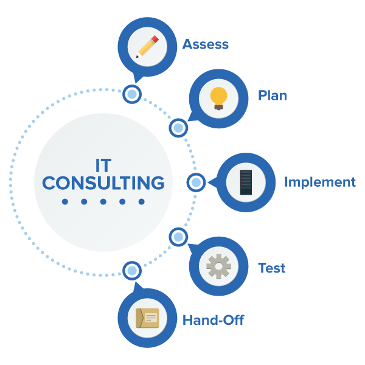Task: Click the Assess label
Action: click(x=206, y=44)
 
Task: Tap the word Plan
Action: click(x=273, y=96)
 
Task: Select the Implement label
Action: click(x=319, y=182)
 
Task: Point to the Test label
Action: click(x=271, y=268)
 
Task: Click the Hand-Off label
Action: click(x=213, y=320)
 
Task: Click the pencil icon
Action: click(x=147, y=47)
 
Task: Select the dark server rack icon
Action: click(x=246, y=182)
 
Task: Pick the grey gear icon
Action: click(x=218, y=266)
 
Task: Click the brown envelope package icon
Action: click(x=147, y=318)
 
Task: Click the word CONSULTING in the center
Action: click(x=103, y=182)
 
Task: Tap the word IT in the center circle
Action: click(x=103, y=165)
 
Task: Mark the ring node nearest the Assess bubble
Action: click(x=132, y=94)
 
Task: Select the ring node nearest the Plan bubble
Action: click(x=178, y=128)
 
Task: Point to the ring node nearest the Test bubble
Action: click(x=178, y=237)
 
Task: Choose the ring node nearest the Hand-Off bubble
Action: click(x=132, y=270)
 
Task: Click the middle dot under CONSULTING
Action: click(x=103, y=201)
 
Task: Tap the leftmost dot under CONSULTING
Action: click(x=65, y=201)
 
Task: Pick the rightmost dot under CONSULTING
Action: click(x=142, y=201)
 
